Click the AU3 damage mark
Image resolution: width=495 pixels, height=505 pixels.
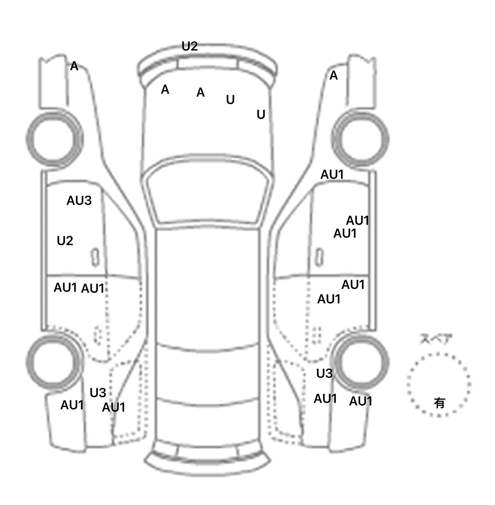coord(79,201)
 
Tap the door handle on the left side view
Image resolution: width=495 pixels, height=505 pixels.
coord(95,257)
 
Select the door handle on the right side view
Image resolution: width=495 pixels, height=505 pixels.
coord(319,257)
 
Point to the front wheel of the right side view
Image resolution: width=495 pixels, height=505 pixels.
coord(360,139)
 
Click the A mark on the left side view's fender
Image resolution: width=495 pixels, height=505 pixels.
coord(74,66)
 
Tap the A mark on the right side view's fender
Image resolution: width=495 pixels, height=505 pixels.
coord(334,76)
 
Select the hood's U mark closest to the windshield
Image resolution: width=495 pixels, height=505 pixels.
coord(261,115)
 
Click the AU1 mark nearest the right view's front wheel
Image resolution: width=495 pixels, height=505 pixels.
coord(332,175)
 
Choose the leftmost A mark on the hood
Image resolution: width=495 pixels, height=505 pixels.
coord(165,90)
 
